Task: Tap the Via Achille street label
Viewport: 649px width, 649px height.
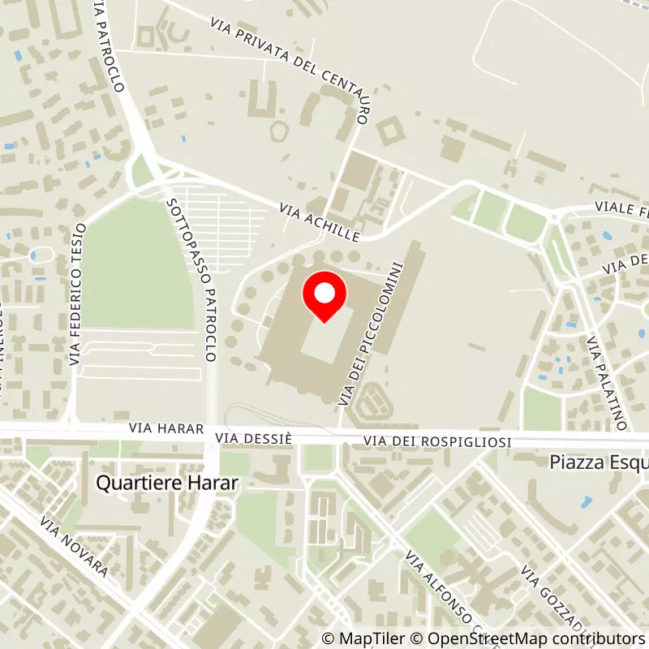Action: (x=319, y=221)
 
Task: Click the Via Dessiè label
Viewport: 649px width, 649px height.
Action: (x=253, y=438)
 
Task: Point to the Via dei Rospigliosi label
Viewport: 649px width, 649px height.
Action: (x=437, y=441)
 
